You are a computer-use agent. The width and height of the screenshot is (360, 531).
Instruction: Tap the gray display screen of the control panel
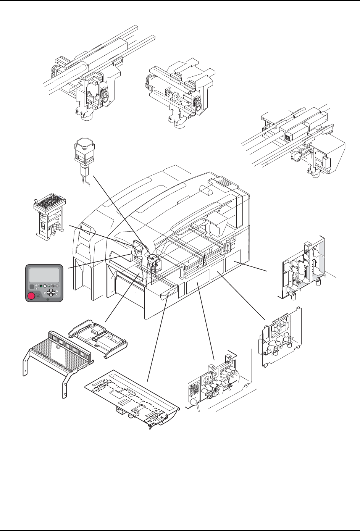click(45, 275)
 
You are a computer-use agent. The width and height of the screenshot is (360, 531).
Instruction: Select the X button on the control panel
click(57, 294)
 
